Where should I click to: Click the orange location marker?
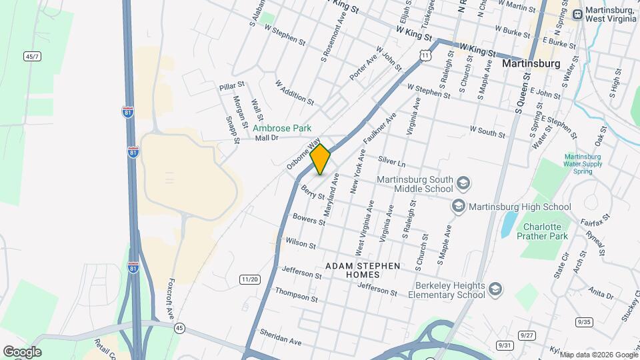click(x=320, y=159)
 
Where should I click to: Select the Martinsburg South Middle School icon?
click(x=463, y=182)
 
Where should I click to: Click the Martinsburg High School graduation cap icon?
click(x=459, y=207)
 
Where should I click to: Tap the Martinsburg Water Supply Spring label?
click(x=582, y=164)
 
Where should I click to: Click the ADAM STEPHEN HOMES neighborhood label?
click(x=363, y=270)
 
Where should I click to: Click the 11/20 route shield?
click(x=250, y=279)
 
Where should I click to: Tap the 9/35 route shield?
click(x=584, y=322)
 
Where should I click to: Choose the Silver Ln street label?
click(x=391, y=161)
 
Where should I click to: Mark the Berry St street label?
click(x=312, y=193)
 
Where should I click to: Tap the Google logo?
click(x=21, y=352)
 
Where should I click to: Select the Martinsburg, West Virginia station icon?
click(x=577, y=13)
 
